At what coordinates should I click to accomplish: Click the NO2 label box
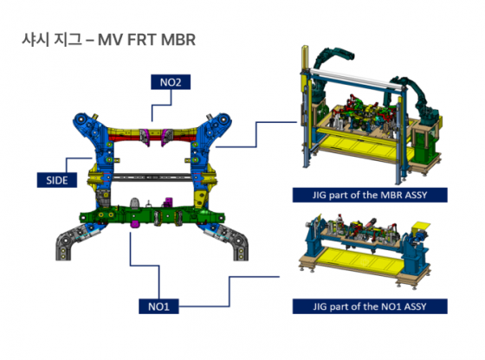pyautogui.click(x=171, y=82)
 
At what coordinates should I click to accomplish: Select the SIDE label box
pyautogui.click(x=57, y=180)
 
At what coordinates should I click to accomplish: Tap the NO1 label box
pyautogui.click(x=158, y=306)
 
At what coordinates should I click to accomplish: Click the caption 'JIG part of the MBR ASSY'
pyautogui.click(x=370, y=195)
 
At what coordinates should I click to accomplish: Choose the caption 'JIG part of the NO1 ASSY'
pyautogui.click(x=370, y=306)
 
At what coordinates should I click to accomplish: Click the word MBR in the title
pyautogui.click(x=178, y=40)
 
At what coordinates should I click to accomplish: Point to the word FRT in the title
pyautogui.click(x=141, y=40)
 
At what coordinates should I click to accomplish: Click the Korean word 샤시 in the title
pyautogui.click(x=35, y=40)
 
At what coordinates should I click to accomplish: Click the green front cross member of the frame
pyautogui.click(x=152, y=215)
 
